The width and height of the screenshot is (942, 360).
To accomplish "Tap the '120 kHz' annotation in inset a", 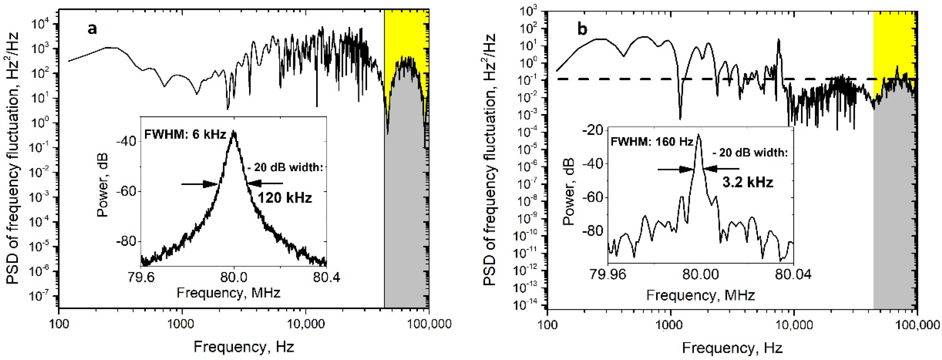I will [x=285, y=198].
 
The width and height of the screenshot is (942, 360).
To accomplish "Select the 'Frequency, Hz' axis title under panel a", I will [x=243, y=346].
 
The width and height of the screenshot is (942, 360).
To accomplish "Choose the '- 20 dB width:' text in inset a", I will [x=286, y=168].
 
